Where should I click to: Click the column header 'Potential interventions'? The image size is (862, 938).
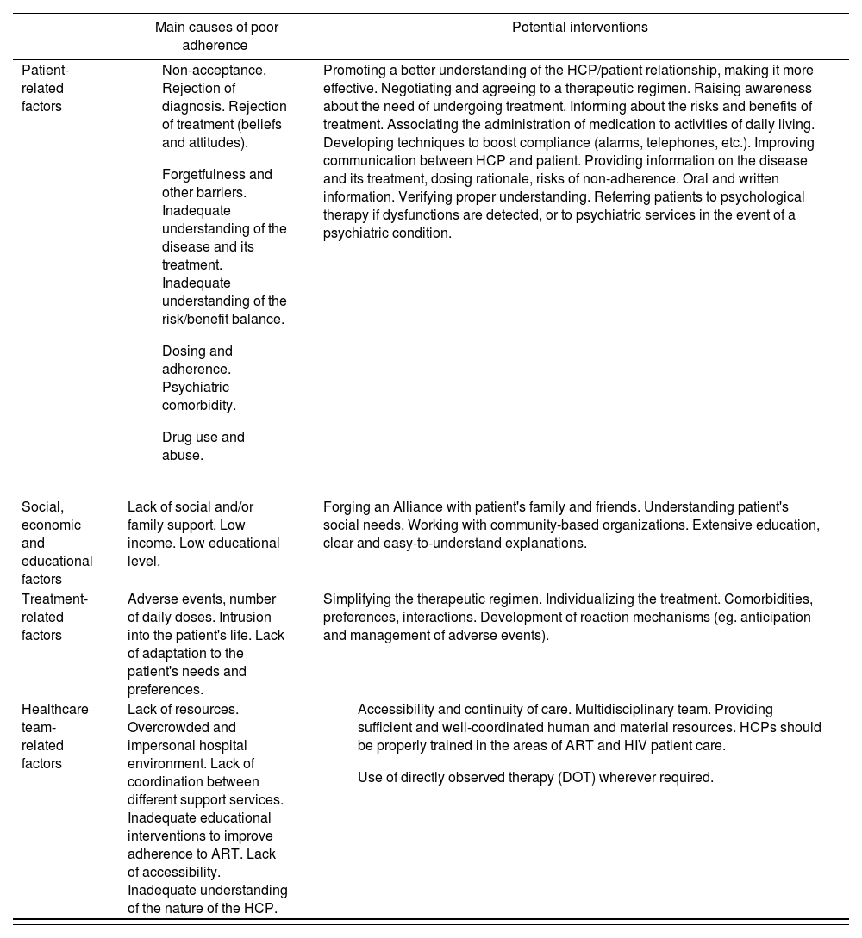(579, 28)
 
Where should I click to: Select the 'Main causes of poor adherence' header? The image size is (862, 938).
(216, 36)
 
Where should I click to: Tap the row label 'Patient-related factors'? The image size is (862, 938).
(45, 88)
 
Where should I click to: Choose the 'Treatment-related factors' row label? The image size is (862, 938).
(54, 617)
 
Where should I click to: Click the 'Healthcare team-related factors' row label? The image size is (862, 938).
(54, 736)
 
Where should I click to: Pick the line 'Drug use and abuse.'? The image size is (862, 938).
(203, 446)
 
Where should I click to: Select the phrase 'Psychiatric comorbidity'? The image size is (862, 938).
(198, 396)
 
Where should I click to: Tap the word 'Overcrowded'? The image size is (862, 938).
(167, 728)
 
